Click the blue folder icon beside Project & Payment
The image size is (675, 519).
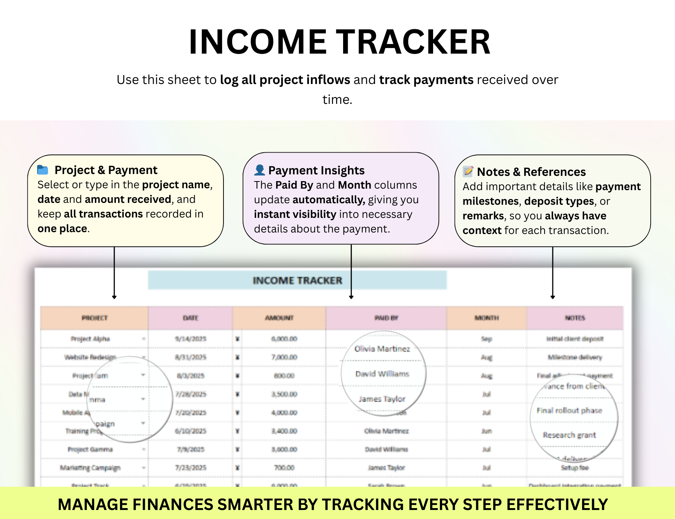[x=43, y=170]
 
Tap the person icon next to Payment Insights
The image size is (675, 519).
[x=259, y=170]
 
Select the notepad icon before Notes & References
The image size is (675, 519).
[x=468, y=171]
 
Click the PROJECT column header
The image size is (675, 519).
[x=94, y=318]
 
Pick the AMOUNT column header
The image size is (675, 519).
[x=279, y=318]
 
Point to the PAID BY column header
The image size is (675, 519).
[x=386, y=318]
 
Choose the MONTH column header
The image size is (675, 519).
[x=486, y=318]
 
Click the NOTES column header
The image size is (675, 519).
[x=575, y=318]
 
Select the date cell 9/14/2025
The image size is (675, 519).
[x=190, y=339]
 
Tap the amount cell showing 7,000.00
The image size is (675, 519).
[x=284, y=357]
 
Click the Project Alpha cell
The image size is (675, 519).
[x=90, y=339]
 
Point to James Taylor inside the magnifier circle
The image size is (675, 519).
[x=382, y=399]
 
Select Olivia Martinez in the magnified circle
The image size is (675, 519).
[x=382, y=349]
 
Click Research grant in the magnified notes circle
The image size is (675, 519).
[x=569, y=435]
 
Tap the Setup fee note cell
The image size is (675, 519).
[x=574, y=468]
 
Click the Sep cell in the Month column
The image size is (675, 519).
[x=486, y=339]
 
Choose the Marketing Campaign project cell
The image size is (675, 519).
[x=90, y=468]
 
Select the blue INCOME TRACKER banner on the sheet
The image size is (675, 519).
[x=297, y=280]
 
